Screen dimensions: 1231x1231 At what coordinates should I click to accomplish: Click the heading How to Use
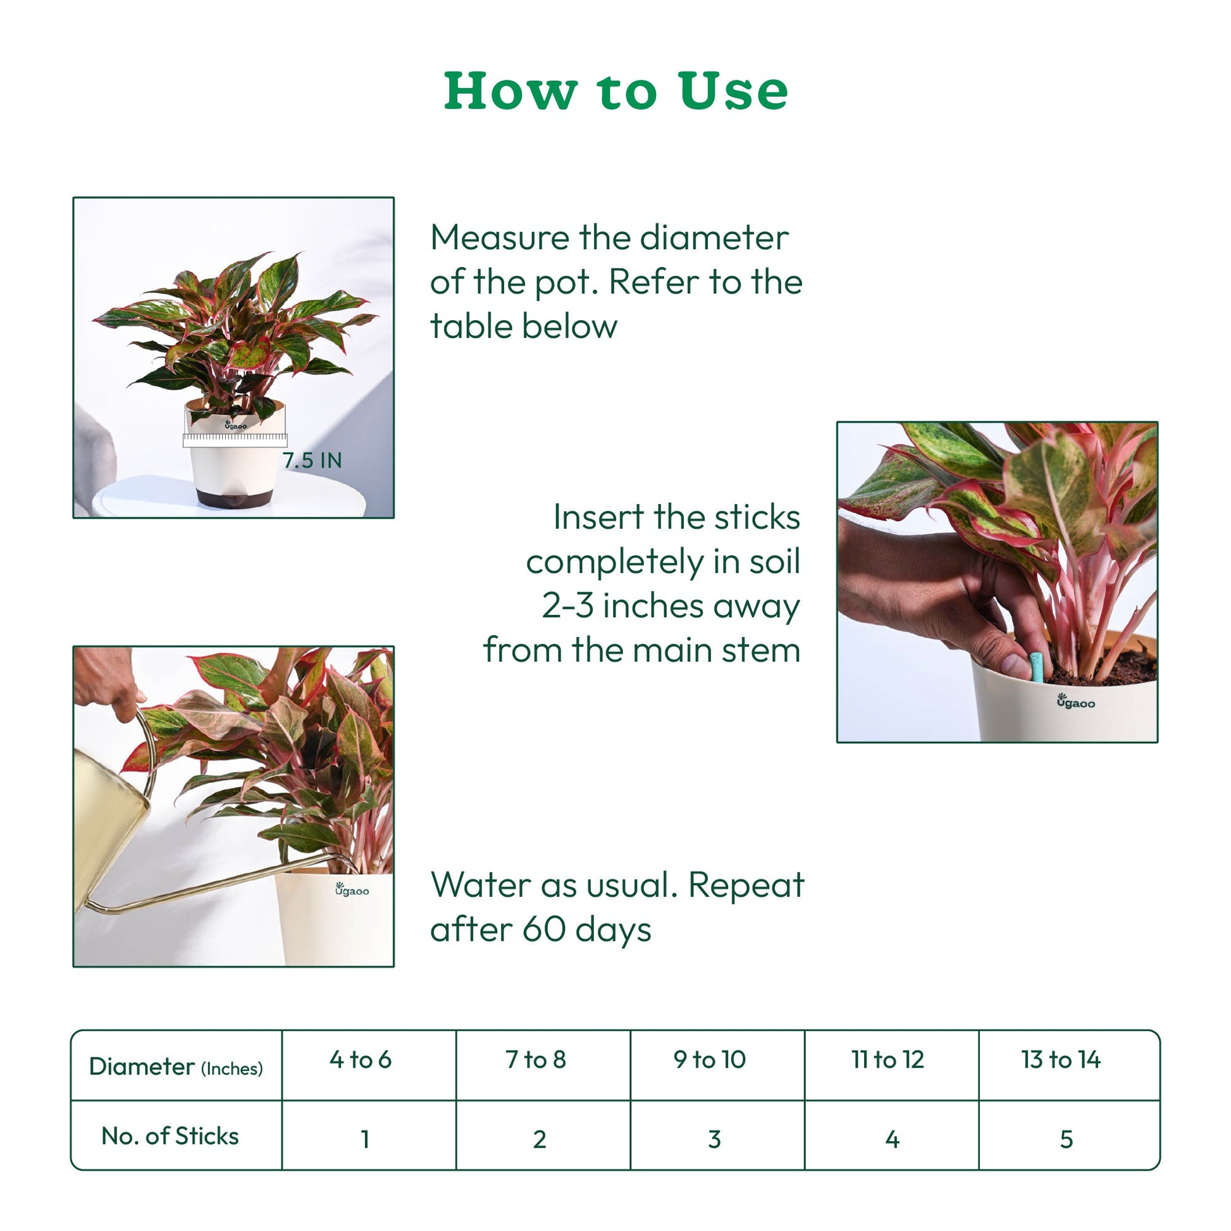pyautogui.click(x=615, y=91)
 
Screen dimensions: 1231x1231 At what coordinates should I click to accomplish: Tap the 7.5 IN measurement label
pyautogui.click(x=312, y=460)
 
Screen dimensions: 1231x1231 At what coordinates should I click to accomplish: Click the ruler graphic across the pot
pyautogui.click(x=235, y=440)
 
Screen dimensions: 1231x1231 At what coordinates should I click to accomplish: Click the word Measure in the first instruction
pyautogui.click(x=500, y=238)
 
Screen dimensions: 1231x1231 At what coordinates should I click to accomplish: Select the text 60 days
pyautogui.click(x=587, y=930)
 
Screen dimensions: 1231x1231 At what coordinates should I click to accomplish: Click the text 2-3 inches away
pyautogui.click(x=671, y=605)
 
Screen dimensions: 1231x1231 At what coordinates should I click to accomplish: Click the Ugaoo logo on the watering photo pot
pyautogui.click(x=352, y=889)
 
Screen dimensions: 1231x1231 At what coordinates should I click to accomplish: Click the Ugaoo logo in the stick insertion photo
pyautogui.click(x=1076, y=702)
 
